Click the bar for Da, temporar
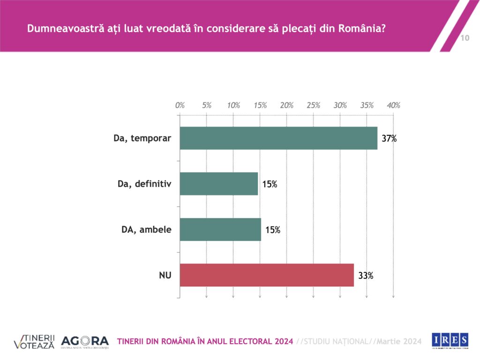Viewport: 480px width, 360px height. tap(278, 138)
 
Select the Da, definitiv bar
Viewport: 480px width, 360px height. tap(219, 184)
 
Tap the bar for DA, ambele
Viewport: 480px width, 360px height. tap(220, 229)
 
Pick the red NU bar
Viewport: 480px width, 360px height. tap(267, 275)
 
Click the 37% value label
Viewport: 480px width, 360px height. tap(389, 139)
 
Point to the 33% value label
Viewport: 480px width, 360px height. tap(366, 276)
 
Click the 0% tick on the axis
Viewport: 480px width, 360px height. tap(180, 105)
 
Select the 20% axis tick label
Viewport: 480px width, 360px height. tap(287, 105)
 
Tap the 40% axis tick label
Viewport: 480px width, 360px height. tap(393, 105)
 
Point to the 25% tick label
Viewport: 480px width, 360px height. tap(314, 105)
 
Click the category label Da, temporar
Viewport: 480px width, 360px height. tap(142, 138)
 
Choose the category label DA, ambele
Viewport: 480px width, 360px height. tap(146, 230)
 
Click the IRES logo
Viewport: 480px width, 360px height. tap(450, 340)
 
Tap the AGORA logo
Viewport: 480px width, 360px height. tap(85, 341)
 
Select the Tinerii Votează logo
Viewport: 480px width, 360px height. tap(34, 341)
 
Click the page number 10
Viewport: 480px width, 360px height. tap(465, 38)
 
